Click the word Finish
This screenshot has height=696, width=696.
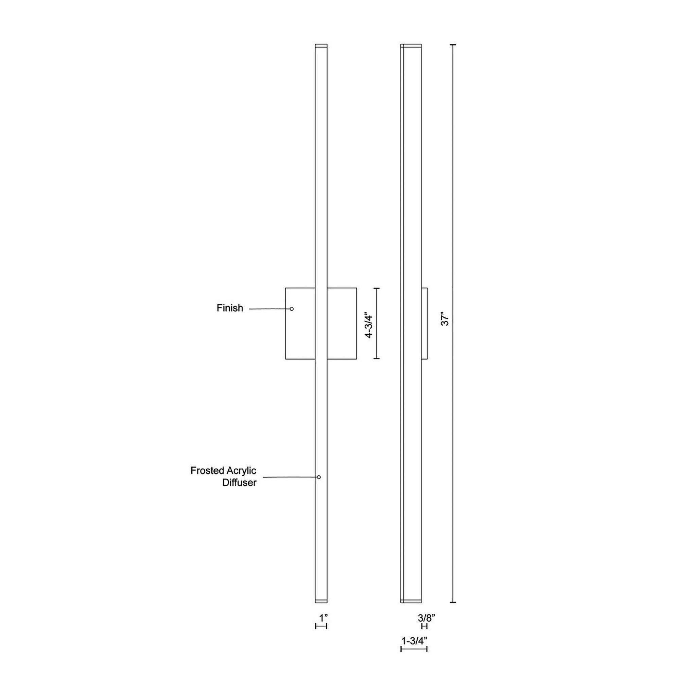[230, 308]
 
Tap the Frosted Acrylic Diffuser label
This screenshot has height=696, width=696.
[223, 476]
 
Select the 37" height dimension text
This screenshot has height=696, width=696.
[445, 319]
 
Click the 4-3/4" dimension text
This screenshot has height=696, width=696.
[368, 325]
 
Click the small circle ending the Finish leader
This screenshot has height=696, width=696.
[292, 309]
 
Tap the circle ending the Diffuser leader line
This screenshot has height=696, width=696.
[319, 477]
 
